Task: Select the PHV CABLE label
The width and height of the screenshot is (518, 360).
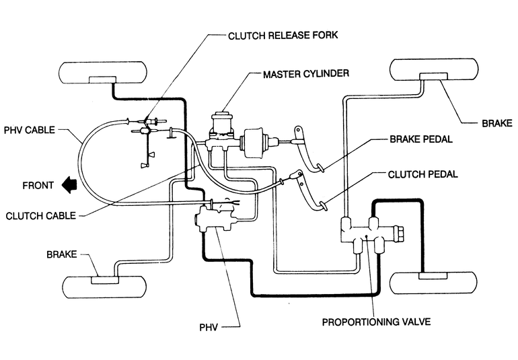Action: click(36, 130)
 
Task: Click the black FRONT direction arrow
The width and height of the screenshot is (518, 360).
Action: click(68, 183)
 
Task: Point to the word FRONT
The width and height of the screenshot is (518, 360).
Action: click(38, 184)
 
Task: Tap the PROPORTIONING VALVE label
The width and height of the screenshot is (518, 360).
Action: click(376, 321)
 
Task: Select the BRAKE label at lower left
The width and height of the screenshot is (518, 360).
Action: click(61, 256)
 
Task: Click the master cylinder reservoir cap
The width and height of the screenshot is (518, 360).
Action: click(221, 114)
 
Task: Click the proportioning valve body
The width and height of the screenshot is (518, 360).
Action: click(369, 234)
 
